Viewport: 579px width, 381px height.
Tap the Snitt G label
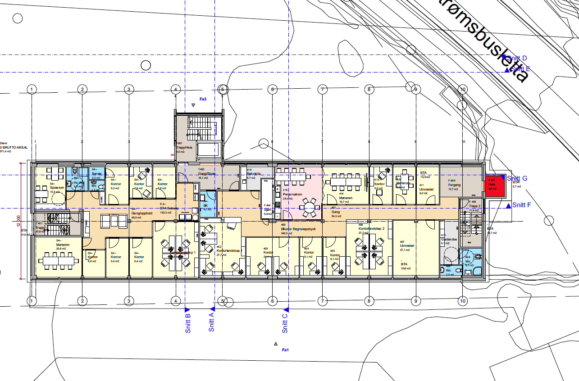(x=517, y=179)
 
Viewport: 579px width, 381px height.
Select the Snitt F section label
(x=522, y=205)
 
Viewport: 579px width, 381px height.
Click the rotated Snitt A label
(x=211, y=322)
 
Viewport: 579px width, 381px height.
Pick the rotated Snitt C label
(x=285, y=323)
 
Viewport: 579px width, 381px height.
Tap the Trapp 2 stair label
(x=475, y=206)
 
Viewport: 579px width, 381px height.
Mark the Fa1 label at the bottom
(x=285, y=349)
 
